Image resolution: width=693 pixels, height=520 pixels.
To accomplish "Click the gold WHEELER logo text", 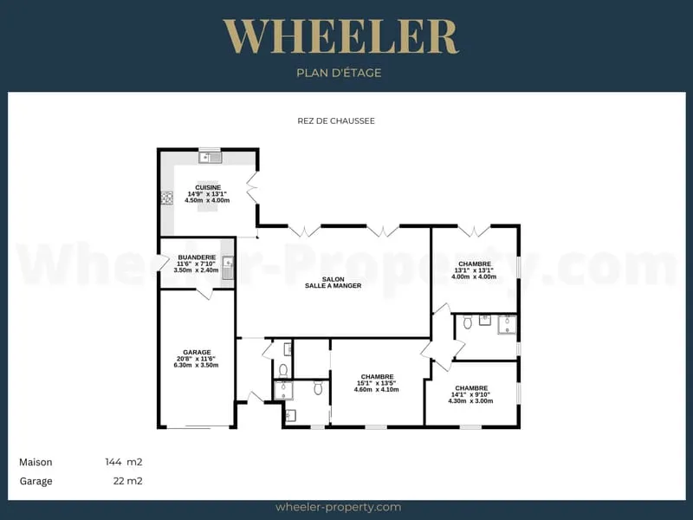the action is coord(340,36).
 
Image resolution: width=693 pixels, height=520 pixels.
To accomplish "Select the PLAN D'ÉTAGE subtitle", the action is coord(339,73).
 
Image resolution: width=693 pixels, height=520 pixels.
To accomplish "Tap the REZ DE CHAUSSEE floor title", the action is coord(336,120).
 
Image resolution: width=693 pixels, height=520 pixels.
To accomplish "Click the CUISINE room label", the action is coord(208,187).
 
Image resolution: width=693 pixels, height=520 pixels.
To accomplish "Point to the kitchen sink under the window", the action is coord(210,157).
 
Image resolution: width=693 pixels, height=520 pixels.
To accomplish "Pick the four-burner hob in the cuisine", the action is coord(167,198).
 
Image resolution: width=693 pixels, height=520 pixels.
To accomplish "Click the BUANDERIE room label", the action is coord(197,257).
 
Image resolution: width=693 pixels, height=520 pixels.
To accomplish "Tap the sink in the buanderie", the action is coord(227,268).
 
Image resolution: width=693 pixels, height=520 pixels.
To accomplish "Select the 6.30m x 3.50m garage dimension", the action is coord(197,365).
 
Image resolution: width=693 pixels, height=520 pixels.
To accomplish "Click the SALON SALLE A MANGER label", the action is coord(333,283).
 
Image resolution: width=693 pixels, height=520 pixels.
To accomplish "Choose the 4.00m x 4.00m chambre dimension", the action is coord(474,276).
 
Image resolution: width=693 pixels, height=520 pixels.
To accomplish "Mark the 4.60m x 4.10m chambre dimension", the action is coord(377,389).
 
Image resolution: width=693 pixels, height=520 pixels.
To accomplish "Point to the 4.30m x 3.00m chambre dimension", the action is coord(470,401).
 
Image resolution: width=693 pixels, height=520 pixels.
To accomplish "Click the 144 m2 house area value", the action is coord(124,462).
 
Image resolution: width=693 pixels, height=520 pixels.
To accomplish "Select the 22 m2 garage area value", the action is coord(127,481).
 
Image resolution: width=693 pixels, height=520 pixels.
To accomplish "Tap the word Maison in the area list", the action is coord(36,462).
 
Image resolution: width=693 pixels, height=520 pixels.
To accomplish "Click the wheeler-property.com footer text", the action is coord(338,507).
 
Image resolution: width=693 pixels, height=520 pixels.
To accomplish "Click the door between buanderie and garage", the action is coord(204,294).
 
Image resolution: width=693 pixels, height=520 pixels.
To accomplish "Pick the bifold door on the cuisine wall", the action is coord(253,187).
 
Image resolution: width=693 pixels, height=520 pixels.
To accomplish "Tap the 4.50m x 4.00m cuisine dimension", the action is coord(207,200).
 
